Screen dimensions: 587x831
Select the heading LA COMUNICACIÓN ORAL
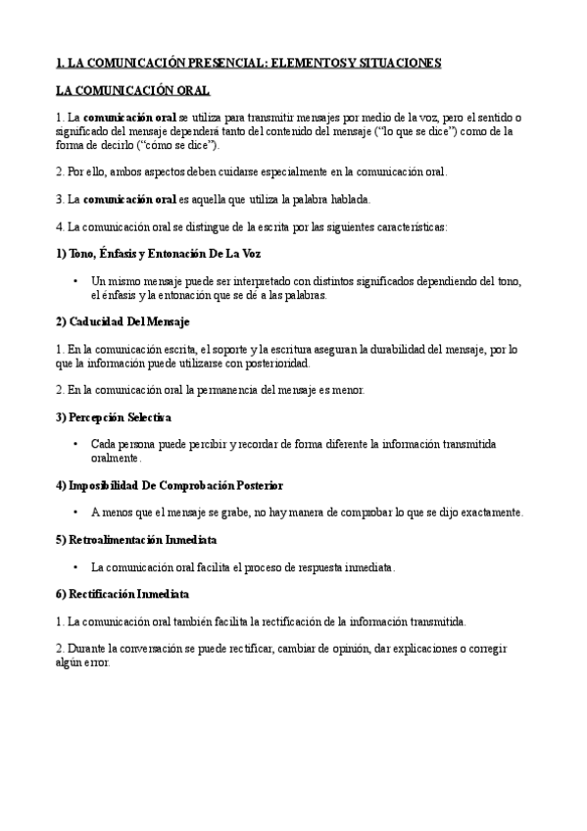pyautogui.click(x=132, y=90)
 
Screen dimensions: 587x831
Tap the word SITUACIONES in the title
pyautogui.click(x=397, y=64)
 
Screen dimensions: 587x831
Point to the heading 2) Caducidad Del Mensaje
pyautogui.click(x=122, y=321)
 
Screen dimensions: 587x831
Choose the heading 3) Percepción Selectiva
pyautogui.click(x=114, y=416)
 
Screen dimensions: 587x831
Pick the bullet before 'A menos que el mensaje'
pyautogui.click(x=76, y=513)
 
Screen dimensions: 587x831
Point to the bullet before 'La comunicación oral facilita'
pyautogui.click(x=76, y=567)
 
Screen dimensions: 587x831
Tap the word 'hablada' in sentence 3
pyautogui.click(x=347, y=199)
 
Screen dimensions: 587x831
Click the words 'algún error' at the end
pyautogui.click(x=83, y=662)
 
